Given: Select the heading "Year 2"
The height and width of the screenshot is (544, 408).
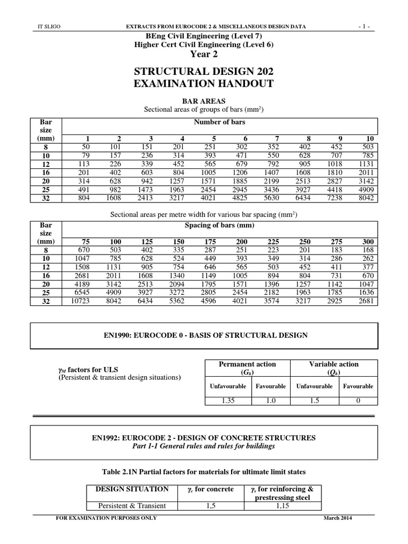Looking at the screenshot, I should [204, 54].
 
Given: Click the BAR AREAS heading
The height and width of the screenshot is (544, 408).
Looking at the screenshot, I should [204, 100].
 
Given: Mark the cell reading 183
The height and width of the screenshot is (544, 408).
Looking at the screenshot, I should [337, 250].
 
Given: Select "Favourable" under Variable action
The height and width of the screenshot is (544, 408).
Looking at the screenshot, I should [358, 386].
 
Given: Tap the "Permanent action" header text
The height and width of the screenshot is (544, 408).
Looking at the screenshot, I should [248, 364].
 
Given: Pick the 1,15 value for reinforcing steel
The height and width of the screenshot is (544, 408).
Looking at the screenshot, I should [282, 506].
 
